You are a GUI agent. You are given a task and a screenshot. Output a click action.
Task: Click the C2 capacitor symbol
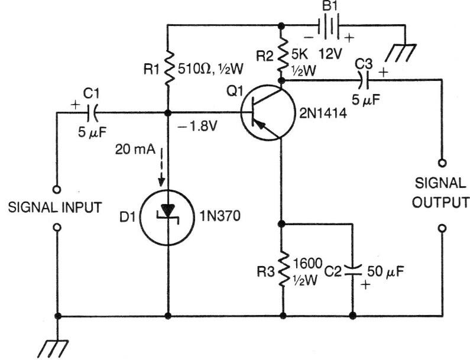point(353,270)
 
